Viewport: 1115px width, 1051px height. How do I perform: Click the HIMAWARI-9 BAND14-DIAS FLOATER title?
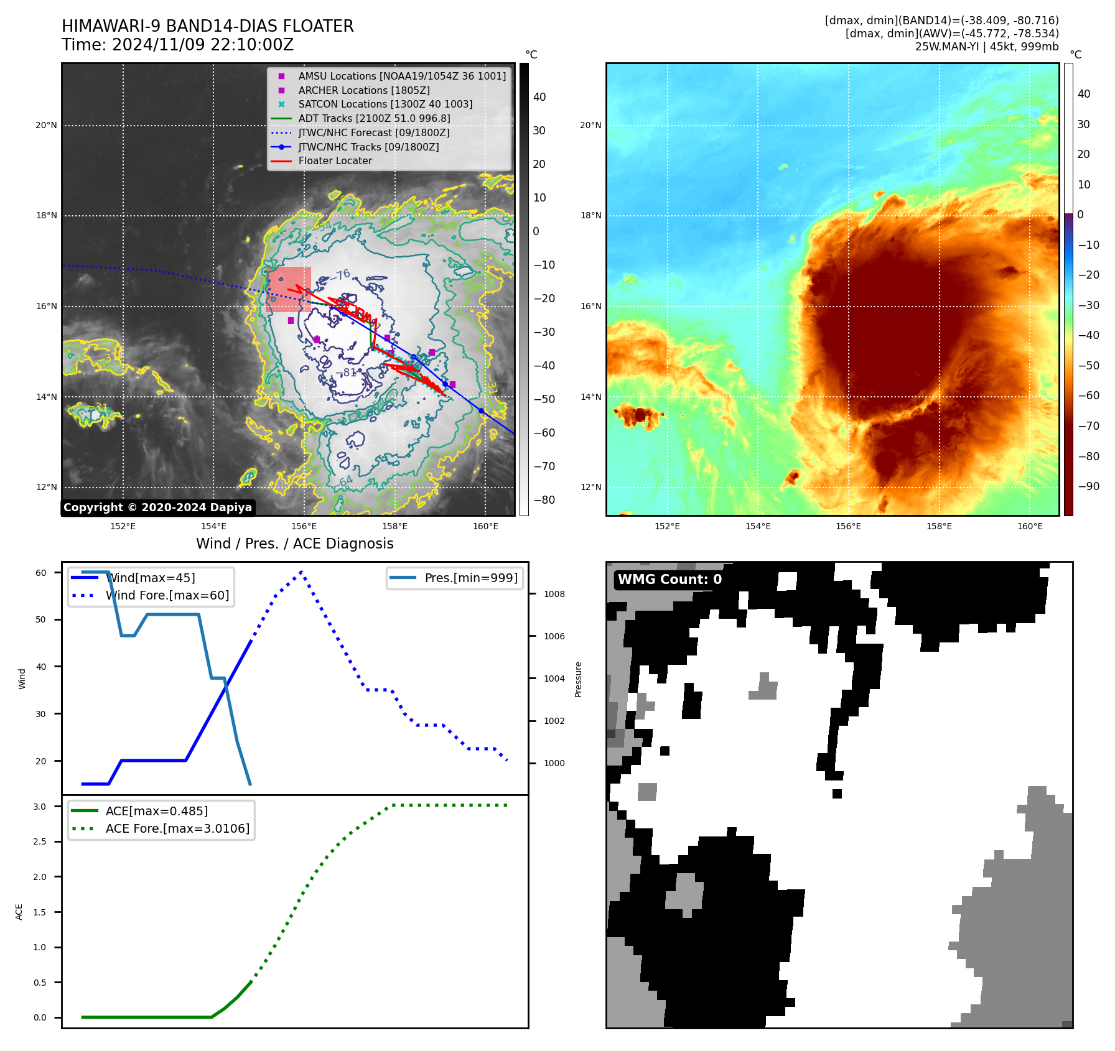point(207,26)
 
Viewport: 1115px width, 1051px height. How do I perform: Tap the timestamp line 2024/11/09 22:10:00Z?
point(177,45)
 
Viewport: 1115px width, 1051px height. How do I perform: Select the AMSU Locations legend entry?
point(401,76)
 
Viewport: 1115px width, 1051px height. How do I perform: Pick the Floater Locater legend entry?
point(335,160)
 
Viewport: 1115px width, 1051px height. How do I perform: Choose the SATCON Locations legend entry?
point(385,104)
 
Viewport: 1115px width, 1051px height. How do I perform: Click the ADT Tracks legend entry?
point(374,118)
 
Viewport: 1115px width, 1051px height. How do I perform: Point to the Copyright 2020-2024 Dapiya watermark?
point(157,507)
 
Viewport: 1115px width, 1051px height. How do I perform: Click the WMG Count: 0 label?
point(669,580)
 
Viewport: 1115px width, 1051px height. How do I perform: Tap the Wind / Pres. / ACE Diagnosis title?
point(294,544)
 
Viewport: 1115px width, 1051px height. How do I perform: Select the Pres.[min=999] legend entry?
point(470,578)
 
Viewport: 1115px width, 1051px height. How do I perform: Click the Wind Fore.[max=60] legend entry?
point(167,595)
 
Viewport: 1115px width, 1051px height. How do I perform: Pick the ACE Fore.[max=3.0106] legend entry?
point(177,828)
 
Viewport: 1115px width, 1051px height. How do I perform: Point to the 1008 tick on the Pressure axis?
point(554,594)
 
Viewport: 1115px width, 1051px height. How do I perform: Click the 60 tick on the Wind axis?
point(41,573)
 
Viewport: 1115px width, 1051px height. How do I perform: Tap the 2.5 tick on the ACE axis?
point(40,841)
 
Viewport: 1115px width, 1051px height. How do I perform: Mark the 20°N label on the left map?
point(46,126)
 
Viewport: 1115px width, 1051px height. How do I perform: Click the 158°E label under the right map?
point(939,526)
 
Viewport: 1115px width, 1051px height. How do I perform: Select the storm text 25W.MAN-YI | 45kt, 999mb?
point(986,46)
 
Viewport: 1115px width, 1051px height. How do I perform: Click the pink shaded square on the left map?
point(289,289)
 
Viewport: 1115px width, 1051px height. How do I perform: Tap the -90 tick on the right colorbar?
point(1088,486)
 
